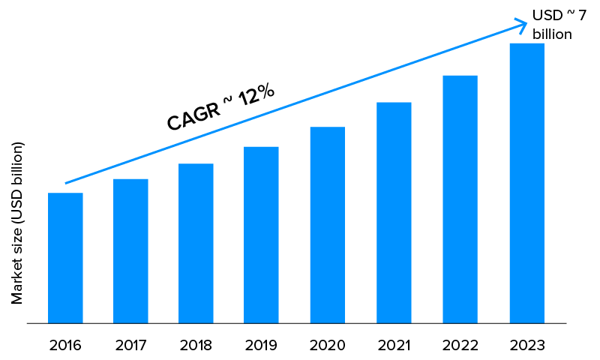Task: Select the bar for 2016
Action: pyautogui.click(x=65, y=258)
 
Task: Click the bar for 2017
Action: pyautogui.click(x=130, y=251)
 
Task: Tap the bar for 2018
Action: pyautogui.click(x=196, y=244)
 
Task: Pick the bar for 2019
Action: pyautogui.click(x=261, y=235)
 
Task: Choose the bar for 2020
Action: pyautogui.click(x=328, y=225)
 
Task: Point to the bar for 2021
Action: pyautogui.click(x=394, y=213)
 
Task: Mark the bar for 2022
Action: pyautogui.click(x=460, y=199)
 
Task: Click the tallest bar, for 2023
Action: pyautogui.click(x=526, y=184)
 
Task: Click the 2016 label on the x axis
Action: pyautogui.click(x=65, y=346)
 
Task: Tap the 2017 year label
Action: pyautogui.click(x=130, y=346)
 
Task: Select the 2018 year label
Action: pyautogui.click(x=196, y=346)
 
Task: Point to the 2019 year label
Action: pyautogui.click(x=261, y=346)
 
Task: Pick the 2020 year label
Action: pyautogui.click(x=328, y=346)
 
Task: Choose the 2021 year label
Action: pyautogui.click(x=394, y=346)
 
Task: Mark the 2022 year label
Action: pyautogui.click(x=460, y=346)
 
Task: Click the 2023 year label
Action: pyautogui.click(x=526, y=346)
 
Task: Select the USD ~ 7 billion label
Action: pyautogui.click(x=559, y=25)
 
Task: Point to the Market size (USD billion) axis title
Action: pyautogui.click(x=17, y=223)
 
